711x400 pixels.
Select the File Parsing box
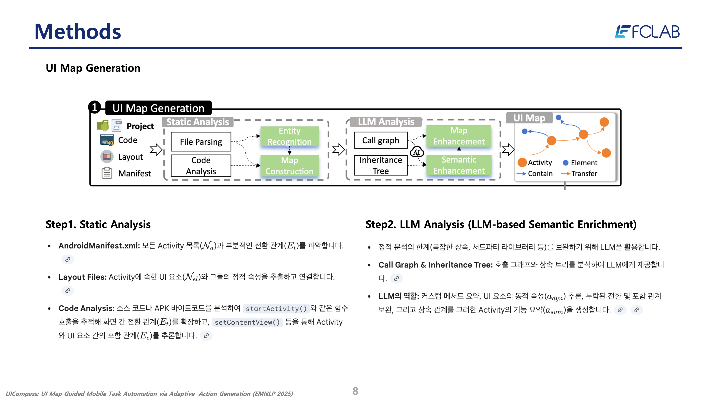coord(201,142)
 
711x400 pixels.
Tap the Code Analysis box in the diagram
coord(201,166)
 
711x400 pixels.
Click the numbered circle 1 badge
coord(94,107)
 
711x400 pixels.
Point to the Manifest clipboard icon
coord(107,173)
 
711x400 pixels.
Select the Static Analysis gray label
coord(197,122)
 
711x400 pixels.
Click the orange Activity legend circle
coord(522,162)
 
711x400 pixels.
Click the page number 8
coord(355,391)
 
